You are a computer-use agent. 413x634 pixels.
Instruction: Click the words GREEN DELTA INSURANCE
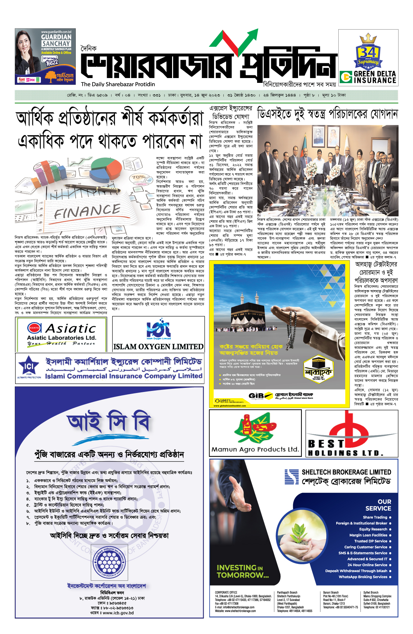375,77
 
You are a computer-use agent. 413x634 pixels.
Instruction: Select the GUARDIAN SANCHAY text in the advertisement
56,40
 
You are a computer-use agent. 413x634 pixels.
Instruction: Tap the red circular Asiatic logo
34,328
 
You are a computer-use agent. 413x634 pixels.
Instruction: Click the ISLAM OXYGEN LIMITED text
158,347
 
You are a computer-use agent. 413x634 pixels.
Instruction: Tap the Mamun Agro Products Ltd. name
255,449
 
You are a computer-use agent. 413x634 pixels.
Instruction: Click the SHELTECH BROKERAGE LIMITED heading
346,472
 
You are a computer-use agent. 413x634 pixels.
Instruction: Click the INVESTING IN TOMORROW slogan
243,571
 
